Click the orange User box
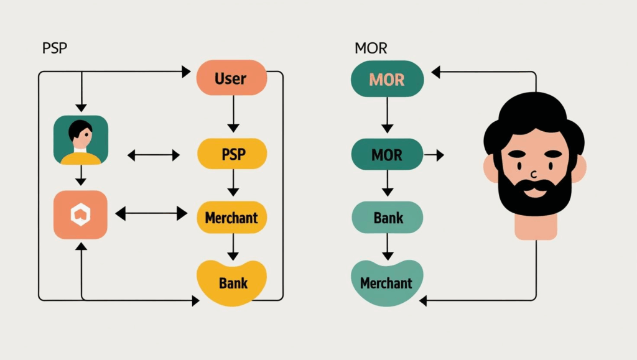(231, 78)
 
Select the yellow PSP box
(232, 154)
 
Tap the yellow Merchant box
(231, 218)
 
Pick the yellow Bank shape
(232, 283)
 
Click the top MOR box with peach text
(387, 79)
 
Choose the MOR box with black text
(387, 154)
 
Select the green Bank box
(388, 218)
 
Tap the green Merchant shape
(386, 283)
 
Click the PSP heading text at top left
(54, 48)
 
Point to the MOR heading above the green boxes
(371, 48)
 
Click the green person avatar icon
(81, 140)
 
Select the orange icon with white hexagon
(81, 215)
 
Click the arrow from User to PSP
(233, 114)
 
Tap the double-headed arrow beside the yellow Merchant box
(151, 214)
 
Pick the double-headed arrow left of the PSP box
(153, 155)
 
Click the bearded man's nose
(534, 172)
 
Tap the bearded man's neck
(534, 227)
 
